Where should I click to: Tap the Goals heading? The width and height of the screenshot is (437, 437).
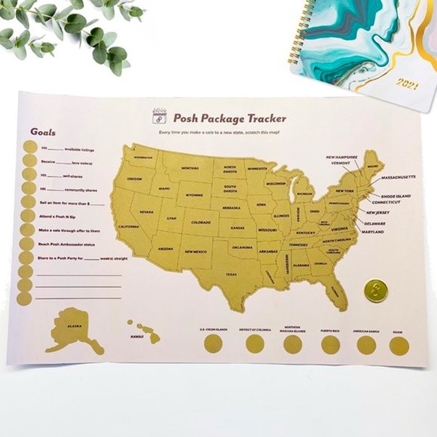[43, 131]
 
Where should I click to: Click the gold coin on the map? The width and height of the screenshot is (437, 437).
[374, 290]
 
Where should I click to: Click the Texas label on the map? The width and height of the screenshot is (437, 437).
[231, 274]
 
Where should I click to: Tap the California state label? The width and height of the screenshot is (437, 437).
[129, 227]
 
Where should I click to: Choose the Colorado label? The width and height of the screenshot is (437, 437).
[200, 222]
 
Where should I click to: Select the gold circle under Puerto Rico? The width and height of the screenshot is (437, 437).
[330, 345]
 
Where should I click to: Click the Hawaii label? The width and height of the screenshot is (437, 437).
[136, 336]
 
